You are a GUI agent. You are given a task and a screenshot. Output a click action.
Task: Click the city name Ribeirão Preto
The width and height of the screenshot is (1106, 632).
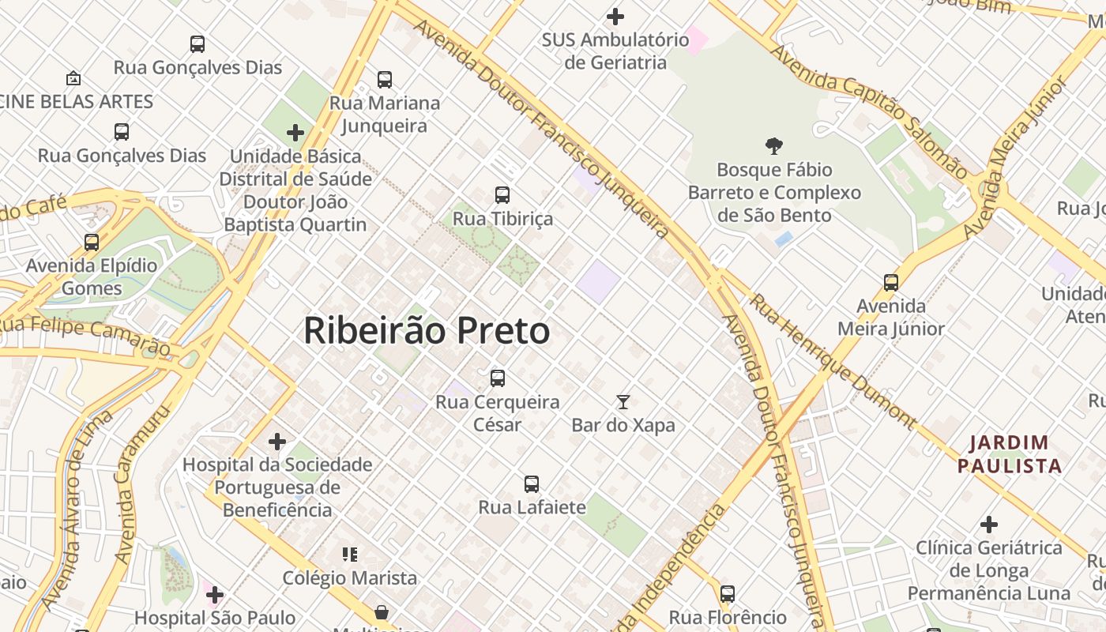427,331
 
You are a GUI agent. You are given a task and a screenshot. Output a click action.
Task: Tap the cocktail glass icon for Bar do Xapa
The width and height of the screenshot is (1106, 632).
623,402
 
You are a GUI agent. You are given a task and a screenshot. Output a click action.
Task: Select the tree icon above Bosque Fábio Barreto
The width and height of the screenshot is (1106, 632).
774,145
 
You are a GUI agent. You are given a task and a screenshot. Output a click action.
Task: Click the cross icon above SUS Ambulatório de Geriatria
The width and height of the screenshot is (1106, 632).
615,16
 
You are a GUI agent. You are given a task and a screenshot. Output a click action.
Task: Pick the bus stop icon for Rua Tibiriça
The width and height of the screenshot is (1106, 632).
502,194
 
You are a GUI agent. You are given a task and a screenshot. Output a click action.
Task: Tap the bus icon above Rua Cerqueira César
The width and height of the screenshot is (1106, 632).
497,378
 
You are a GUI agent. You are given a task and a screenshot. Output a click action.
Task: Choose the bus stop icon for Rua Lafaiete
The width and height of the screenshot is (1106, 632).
532,483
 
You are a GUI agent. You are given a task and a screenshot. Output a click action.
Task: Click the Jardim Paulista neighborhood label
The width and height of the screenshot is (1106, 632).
1010,454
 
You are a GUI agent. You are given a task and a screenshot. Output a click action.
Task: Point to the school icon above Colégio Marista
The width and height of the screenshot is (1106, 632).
349,555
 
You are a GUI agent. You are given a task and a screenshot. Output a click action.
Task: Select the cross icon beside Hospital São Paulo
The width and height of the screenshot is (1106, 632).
215,594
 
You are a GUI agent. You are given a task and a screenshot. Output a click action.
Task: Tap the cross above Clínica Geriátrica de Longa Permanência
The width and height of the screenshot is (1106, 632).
988,524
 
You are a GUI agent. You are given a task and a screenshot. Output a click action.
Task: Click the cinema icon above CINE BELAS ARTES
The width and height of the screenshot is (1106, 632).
73,78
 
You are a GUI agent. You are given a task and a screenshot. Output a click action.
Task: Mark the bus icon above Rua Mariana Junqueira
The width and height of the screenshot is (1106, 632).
385,79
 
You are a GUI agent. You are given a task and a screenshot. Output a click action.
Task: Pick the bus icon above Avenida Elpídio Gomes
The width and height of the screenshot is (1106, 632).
92,242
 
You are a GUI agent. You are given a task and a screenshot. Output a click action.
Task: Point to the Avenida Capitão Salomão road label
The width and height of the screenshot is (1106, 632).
868,111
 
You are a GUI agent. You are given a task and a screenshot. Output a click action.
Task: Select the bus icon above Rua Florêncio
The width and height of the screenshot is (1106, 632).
728,593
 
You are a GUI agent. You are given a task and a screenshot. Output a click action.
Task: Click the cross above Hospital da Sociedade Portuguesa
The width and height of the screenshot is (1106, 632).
276,441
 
